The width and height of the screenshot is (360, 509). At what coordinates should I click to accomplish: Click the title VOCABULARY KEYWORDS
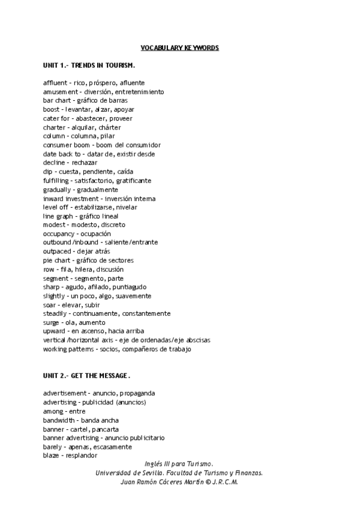click(179, 47)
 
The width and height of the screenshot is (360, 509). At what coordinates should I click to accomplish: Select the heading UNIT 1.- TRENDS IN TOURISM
click(89, 65)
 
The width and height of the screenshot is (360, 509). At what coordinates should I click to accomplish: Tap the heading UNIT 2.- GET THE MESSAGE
click(86, 376)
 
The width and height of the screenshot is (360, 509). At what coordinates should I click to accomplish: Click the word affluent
click(55, 82)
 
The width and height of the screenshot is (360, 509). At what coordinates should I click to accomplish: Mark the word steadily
click(56, 313)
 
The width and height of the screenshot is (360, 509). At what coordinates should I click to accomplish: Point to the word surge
click(52, 322)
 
